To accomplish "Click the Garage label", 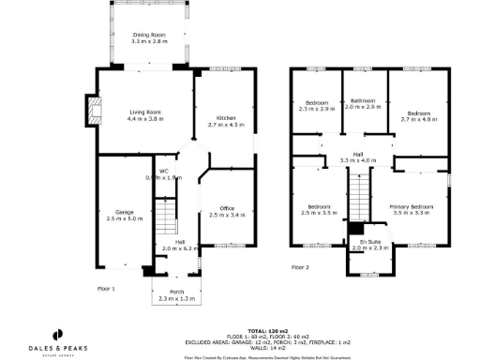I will (124, 215).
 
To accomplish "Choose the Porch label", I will (176, 294).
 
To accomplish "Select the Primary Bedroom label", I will (413, 209).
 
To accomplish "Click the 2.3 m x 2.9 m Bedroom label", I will (317, 107).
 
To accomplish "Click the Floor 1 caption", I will (105, 289).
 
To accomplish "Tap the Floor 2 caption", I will (299, 267).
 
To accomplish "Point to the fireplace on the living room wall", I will (92, 110).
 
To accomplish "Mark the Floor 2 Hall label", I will (358, 157).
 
